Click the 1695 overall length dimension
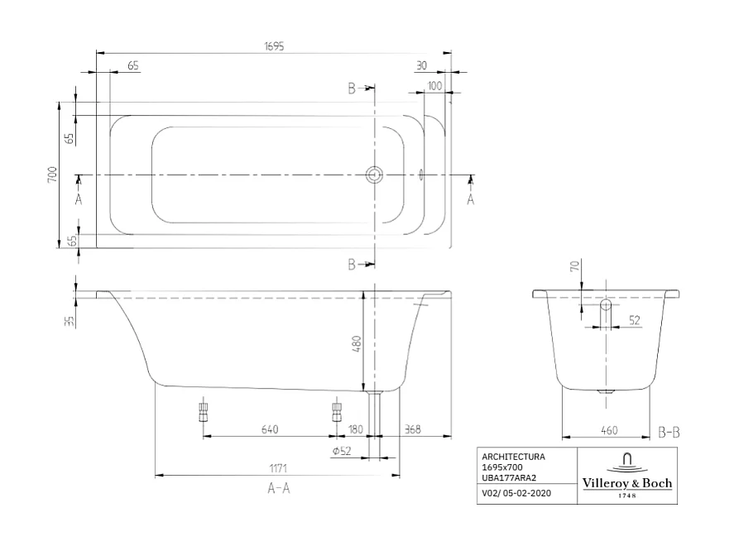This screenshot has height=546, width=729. (x=273, y=46)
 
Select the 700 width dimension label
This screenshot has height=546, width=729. (x=51, y=175)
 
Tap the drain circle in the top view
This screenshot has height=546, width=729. (x=375, y=175)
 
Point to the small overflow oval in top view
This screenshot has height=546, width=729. (x=421, y=175)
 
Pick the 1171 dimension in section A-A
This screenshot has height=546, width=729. (x=278, y=469)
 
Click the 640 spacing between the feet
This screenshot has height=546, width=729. (x=268, y=429)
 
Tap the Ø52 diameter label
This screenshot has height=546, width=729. (x=340, y=451)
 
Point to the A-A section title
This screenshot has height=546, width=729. (x=279, y=489)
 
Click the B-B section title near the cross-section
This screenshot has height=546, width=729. (x=669, y=432)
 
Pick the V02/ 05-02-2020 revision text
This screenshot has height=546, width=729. (x=515, y=494)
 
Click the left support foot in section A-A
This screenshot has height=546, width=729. (x=202, y=410)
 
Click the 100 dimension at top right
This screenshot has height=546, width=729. (x=435, y=85)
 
